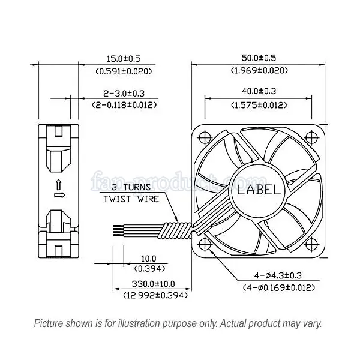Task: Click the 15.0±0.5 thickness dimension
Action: (x=124, y=59)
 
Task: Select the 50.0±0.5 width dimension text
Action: (x=259, y=58)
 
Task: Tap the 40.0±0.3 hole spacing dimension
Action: (x=259, y=91)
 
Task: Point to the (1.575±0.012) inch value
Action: (x=259, y=105)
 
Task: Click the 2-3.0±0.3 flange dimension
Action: (x=124, y=94)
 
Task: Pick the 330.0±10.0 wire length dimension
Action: (x=153, y=284)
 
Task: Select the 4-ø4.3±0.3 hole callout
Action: (x=278, y=275)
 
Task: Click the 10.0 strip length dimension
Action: (x=149, y=259)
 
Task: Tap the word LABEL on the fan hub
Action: (x=259, y=190)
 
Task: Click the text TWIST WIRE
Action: (x=131, y=199)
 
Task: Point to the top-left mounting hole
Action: (x=205, y=138)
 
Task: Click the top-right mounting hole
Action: (x=311, y=138)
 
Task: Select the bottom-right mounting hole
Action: (x=311, y=244)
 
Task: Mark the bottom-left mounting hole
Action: (x=205, y=244)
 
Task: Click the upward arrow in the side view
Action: (x=59, y=185)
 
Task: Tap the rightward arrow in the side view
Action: (x=59, y=196)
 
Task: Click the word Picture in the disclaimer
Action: (x=49, y=323)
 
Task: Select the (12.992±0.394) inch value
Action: (x=155, y=295)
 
